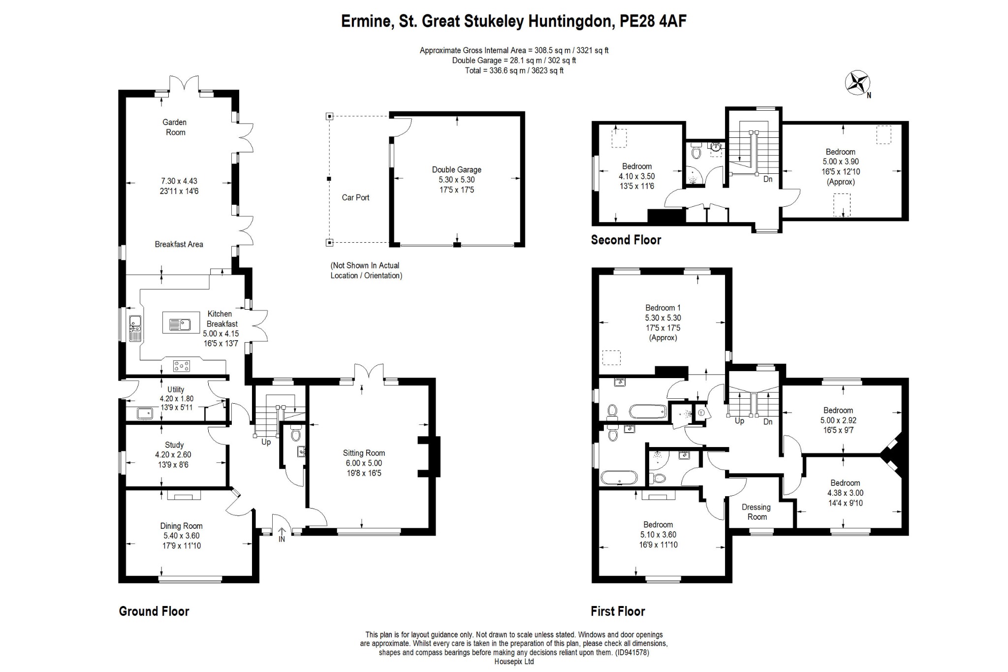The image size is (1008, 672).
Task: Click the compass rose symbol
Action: pyautogui.click(x=857, y=83)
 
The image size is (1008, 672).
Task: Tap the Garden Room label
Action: pyautogui.click(x=175, y=127)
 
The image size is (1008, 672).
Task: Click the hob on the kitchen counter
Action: pyautogui.click(x=182, y=366)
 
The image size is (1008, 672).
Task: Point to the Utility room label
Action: pyautogui.click(x=176, y=389)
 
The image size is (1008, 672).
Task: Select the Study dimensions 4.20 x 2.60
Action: pyautogui.click(x=173, y=455)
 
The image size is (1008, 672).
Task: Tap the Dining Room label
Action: pyautogui.click(x=181, y=526)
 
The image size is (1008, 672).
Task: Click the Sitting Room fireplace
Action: pyautogui.click(x=432, y=456)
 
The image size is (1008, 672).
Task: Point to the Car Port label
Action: pyautogui.click(x=355, y=197)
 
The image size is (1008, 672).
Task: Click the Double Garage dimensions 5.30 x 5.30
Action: pyautogui.click(x=457, y=180)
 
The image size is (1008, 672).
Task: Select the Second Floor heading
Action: pyautogui.click(x=626, y=240)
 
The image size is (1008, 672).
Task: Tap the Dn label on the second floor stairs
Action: pyautogui.click(x=768, y=179)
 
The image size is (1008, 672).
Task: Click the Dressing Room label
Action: pyautogui.click(x=756, y=512)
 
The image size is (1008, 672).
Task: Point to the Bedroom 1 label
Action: pyautogui.click(x=663, y=308)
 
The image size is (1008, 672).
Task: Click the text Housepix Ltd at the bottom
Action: pyautogui.click(x=514, y=662)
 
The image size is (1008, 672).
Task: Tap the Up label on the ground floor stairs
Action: pyautogui.click(x=266, y=442)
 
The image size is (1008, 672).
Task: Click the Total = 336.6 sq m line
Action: pyautogui.click(x=514, y=70)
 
